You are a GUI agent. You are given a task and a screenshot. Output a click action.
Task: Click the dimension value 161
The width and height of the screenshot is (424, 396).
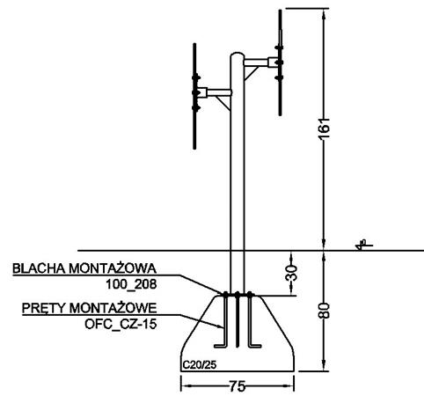[x=325, y=128]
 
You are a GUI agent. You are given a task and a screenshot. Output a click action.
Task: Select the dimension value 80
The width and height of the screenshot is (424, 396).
[x=325, y=311]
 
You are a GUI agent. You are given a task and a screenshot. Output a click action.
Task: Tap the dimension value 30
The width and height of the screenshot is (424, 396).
[x=291, y=273]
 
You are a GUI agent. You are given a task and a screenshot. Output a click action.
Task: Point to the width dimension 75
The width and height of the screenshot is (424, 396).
[x=237, y=386]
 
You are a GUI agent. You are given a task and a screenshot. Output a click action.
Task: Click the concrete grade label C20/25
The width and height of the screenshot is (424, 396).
[x=200, y=365]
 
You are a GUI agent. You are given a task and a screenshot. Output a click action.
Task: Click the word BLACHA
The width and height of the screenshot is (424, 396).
[x=39, y=268]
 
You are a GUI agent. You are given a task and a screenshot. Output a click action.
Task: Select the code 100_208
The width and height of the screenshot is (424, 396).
[x=131, y=284]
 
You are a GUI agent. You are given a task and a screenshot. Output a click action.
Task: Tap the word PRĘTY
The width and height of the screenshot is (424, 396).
[x=44, y=308]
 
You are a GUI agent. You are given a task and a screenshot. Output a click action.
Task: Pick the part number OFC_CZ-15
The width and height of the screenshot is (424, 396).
[x=121, y=324]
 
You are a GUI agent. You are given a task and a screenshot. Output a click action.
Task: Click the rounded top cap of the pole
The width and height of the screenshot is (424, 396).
[x=237, y=55]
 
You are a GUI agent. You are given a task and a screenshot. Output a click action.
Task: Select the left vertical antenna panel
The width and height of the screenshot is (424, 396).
[x=194, y=96]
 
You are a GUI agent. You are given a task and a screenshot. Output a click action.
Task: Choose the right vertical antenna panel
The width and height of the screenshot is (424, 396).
[x=280, y=62]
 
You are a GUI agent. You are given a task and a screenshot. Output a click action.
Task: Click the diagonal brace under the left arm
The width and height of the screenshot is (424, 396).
[x=223, y=103]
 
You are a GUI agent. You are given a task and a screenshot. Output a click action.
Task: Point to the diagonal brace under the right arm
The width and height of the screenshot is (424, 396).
[x=252, y=73]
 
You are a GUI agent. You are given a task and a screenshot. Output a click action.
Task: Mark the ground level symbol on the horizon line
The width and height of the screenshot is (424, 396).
[x=362, y=246]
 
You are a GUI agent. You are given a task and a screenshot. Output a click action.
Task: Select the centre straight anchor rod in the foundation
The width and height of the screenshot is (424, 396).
[x=238, y=320]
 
